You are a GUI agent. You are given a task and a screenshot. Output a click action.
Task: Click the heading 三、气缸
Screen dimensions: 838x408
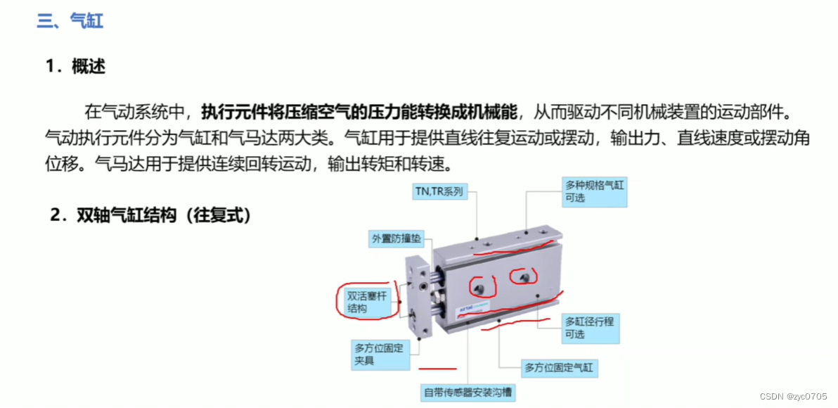point(70,21)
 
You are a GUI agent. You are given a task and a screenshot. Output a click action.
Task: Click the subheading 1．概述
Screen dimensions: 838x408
point(75,67)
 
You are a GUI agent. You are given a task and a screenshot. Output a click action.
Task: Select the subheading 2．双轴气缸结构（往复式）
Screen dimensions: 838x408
point(150,215)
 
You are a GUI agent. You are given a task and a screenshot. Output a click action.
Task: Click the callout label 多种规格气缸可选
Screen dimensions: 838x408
point(595,193)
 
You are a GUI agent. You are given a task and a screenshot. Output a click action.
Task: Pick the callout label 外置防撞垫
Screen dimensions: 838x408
point(396,238)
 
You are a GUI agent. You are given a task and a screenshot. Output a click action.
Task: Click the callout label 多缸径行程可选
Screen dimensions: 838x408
point(592,328)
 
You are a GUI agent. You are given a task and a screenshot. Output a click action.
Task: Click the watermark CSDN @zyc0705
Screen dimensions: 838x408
point(792,396)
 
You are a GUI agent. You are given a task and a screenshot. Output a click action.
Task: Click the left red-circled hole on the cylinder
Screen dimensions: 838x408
point(480,288)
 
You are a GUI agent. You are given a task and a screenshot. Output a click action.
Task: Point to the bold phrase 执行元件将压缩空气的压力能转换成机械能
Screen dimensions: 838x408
point(360,113)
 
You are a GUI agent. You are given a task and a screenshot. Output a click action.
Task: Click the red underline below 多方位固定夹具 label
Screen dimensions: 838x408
point(438,369)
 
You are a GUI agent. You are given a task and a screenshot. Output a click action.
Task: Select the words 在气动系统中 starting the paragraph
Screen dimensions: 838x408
point(134,113)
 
